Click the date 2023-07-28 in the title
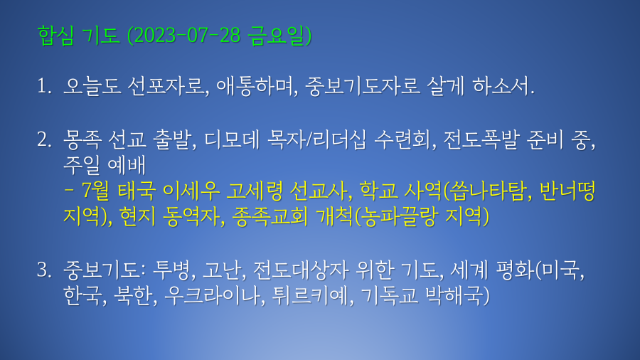(187, 35)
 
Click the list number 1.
(44, 86)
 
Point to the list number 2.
(44, 139)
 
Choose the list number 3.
(44, 270)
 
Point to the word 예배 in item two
(127, 165)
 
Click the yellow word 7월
(95, 191)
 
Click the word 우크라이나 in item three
(211, 295)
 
